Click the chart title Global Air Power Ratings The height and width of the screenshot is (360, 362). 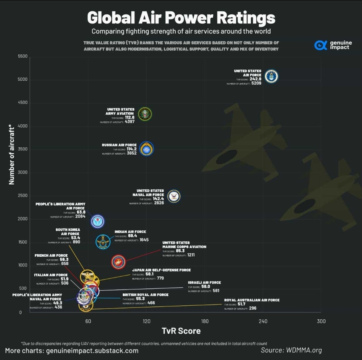[x=181, y=17]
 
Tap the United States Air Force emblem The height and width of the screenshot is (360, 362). [x=271, y=77]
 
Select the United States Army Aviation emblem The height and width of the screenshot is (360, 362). [x=145, y=114]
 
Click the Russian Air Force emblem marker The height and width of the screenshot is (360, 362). [x=146, y=149]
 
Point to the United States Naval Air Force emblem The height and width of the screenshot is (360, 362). [x=174, y=196]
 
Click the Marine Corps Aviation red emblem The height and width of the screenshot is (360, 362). [x=119, y=262]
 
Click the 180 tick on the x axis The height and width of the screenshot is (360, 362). [x=205, y=321]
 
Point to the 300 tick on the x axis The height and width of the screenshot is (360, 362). [x=321, y=321]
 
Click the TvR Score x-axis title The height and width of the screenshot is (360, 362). [x=181, y=331]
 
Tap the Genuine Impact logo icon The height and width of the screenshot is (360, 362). [x=320, y=45]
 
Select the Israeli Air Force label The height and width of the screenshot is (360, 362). [x=204, y=282]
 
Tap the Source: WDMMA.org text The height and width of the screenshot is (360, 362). [x=291, y=350]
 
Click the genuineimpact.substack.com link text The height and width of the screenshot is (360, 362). [x=92, y=351]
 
